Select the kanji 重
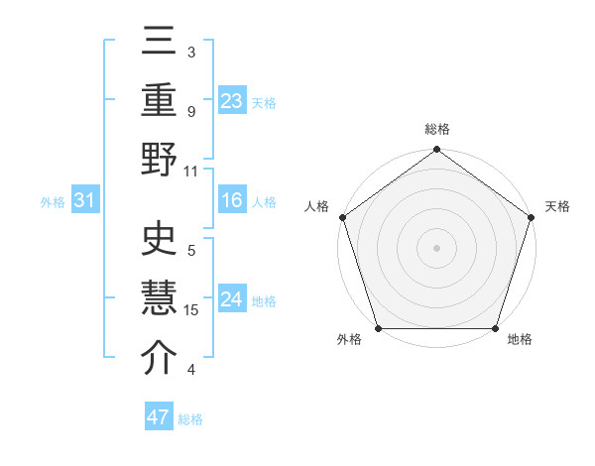(x=160, y=100)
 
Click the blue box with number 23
(x=232, y=100)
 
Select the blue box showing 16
(x=232, y=200)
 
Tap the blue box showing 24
(x=232, y=300)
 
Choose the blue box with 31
(x=84, y=201)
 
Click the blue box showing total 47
(x=158, y=417)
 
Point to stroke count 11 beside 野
(x=191, y=171)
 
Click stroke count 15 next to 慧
(x=191, y=309)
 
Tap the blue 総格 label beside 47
(x=190, y=419)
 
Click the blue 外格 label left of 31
(x=53, y=202)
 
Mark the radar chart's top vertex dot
(x=436, y=151)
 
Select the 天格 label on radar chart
(x=557, y=206)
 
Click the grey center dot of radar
(x=436, y=247)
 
